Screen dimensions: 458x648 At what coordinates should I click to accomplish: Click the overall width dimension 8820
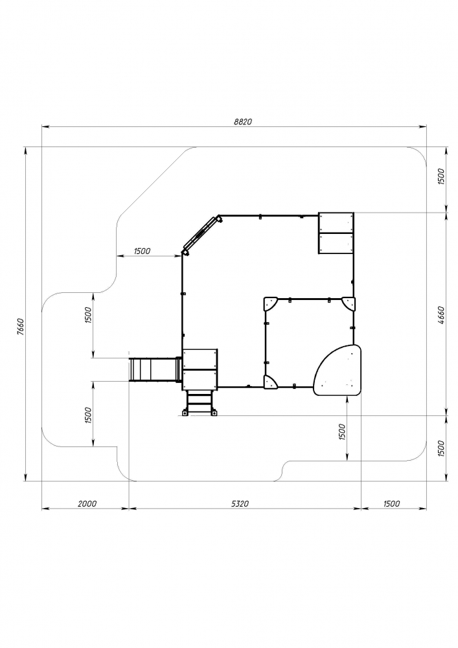coord(242,122)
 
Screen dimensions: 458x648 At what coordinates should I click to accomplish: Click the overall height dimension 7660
coord(21,327)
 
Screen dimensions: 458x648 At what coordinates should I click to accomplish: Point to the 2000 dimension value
coord(87,503)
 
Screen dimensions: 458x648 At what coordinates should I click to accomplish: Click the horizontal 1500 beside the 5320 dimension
coord(391,503)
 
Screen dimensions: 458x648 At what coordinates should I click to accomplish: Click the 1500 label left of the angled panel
coord(142,251)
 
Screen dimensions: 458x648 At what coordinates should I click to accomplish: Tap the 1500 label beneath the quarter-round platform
coord(341,432)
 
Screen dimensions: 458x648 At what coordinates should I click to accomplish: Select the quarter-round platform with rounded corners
coord(338,370)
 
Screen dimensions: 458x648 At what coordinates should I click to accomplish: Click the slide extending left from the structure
coord(155,369)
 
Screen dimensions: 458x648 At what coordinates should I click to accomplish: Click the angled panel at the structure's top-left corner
coord(201,235)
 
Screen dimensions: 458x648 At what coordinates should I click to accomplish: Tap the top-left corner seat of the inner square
coord(271,304)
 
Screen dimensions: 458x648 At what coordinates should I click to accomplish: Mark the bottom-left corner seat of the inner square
coord(271,382)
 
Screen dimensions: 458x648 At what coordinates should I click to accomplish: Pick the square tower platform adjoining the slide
coord(200,369)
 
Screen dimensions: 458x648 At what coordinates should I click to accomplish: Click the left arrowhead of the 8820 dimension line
coord(45,127)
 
